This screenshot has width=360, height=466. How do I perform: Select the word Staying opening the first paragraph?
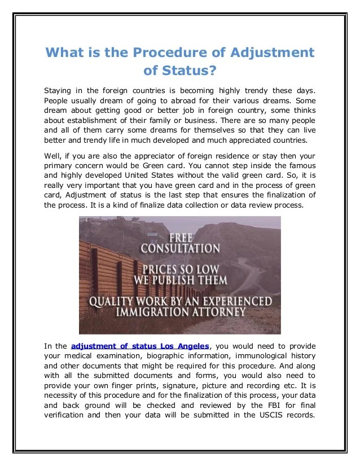click(x=59, y=90)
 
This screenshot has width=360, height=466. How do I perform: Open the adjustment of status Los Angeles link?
click(x=141, y=346)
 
